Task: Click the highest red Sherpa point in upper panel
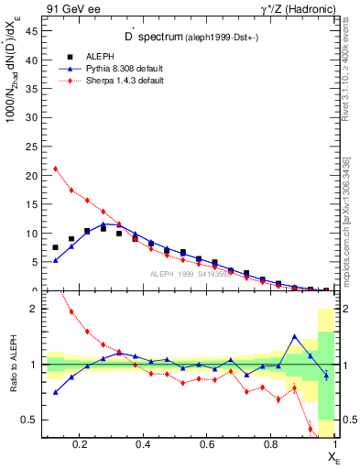point(55,169)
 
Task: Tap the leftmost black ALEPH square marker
point(55,247)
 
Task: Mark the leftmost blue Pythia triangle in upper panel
point(55,261)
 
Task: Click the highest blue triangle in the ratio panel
point(294,336)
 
